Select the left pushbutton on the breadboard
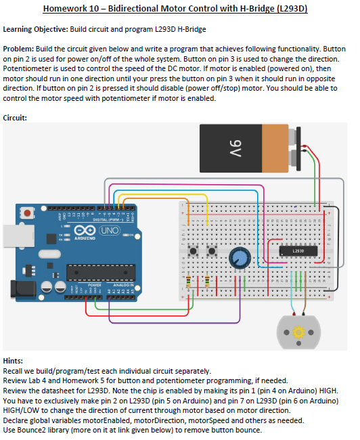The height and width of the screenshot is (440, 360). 194,252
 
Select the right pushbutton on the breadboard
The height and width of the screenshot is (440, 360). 211,252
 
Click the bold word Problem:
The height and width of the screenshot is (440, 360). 18,50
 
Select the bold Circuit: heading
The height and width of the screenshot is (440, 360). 16,117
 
